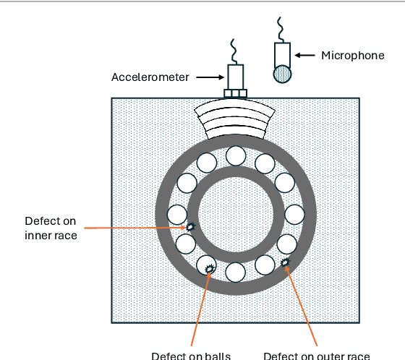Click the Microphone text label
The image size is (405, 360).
[x=352, y=55]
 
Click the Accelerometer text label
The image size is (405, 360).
[x=150, y=77]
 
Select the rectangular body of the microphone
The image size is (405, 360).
[x=283, y=53]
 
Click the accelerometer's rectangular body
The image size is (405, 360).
[x=236, y=76]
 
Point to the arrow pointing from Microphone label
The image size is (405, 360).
[x=307, y=55]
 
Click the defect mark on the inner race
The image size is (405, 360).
[x=190, y=227]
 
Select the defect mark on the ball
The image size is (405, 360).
[x=210, y=269]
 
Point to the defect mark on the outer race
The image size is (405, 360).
[x=285, y=262]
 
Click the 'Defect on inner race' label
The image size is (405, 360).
[x=51, y=227]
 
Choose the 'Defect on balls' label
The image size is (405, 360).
[x=192, y=355]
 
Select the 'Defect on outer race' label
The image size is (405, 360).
[x=317, y=355]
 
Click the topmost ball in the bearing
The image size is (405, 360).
[x=235, y=155]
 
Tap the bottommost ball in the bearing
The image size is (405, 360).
[x=235, y=272]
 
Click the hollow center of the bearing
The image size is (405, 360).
[x=235, y=214]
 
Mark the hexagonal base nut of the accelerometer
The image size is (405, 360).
[x=236, y=93]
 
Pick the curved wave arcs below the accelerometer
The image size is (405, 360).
[x=236, y=119]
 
